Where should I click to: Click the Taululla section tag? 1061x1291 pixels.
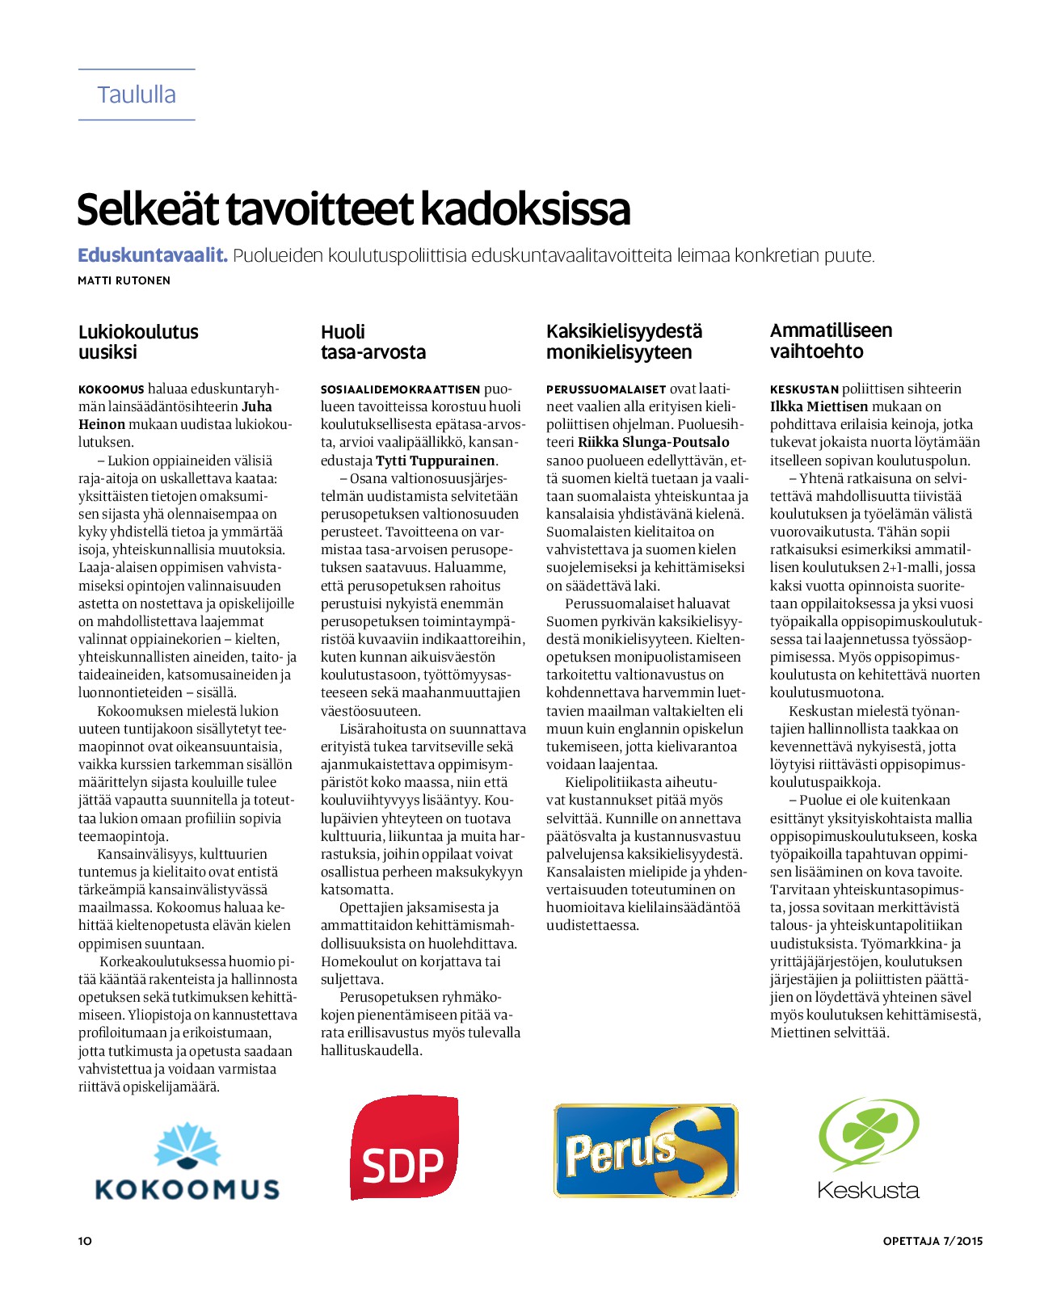(x=137, y=95)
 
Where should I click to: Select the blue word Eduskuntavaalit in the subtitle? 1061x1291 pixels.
(x=152, y=255)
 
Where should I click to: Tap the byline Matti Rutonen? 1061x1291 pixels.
(x=124, y=280)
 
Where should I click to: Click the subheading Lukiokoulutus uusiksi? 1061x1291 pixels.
(x=138, y=342)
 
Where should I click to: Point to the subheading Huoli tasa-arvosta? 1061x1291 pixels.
(x=373, y=342)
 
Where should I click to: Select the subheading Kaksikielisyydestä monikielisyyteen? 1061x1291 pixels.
(x=624, y=342)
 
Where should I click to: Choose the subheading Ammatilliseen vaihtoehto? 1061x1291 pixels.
(x=831, y=341)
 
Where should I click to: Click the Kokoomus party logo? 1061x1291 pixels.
(x=187, y=1162)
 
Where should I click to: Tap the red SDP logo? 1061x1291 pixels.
(x=403, y=1148)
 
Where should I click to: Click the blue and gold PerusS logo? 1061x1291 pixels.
(x=646, y=1150)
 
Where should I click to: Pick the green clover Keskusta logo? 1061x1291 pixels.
(x=869, y=1148)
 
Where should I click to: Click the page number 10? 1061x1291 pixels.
(x=85, y=1241)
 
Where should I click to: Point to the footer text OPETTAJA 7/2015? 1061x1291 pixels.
(x=933, y=1241)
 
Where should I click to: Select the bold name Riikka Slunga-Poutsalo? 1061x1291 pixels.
(x=653, y=442)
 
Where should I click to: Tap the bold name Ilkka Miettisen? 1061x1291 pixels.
(x=819, y=406)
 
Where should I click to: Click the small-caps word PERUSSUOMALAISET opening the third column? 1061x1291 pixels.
(x=606, y=389)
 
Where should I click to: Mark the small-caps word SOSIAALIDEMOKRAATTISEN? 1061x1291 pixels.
(x=400, y=389)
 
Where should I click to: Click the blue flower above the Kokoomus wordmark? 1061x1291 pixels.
(x=187, y=1146)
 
